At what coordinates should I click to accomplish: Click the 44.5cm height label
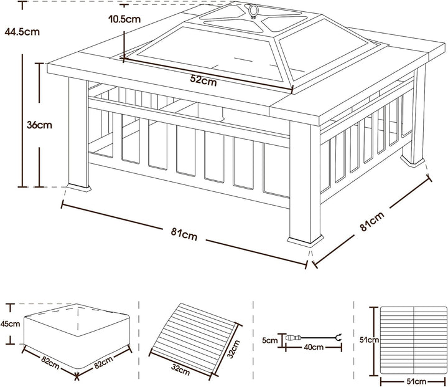22,32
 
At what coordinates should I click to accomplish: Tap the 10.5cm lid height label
124,19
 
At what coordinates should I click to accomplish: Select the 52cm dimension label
203,81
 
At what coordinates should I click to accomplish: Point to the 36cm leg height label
39,125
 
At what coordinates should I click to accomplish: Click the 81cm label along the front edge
184,234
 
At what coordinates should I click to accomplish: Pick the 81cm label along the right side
372,221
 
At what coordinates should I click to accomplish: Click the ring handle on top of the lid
253,11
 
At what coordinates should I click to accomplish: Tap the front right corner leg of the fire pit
305,183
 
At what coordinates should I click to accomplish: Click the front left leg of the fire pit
78,134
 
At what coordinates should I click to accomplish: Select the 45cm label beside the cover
11,323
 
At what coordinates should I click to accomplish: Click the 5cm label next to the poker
269,340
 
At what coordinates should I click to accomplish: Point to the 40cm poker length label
314,347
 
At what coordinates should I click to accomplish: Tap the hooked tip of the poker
339,337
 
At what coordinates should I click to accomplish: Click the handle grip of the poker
293,338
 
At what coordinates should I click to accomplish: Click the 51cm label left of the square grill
369,340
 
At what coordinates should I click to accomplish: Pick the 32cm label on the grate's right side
234,348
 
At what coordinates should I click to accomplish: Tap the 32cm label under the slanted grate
180,369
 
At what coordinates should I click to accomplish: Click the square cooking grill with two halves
413,341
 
